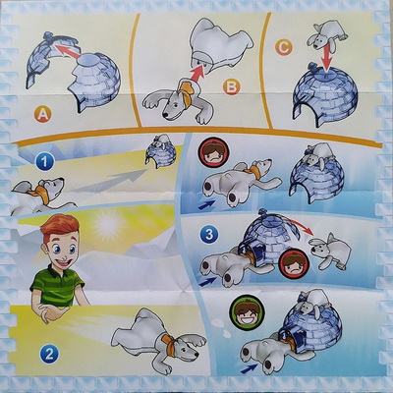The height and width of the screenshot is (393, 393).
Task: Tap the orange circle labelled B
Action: [x=231, y=87]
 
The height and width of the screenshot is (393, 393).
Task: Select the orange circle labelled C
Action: [x=283, y=49]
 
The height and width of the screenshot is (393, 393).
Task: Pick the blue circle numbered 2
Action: [x=49, y=354]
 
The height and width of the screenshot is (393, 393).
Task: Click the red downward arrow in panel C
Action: [x=326, y=59]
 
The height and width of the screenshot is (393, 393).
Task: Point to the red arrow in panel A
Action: [x=68, y=52]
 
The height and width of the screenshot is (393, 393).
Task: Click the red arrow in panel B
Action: [x=197, y=73]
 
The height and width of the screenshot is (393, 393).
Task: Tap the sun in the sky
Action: [x=107, y=224]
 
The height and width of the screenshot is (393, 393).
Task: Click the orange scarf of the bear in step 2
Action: [x=170, y=344]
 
